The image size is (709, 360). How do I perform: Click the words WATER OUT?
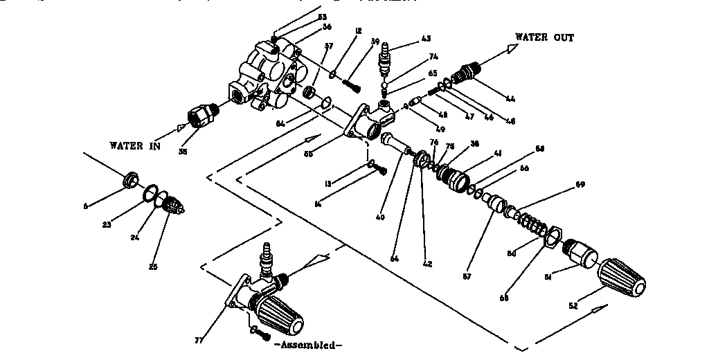[544, 37]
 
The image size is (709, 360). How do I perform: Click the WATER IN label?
[135, 145]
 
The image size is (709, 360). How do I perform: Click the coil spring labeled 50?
[530, 223]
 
